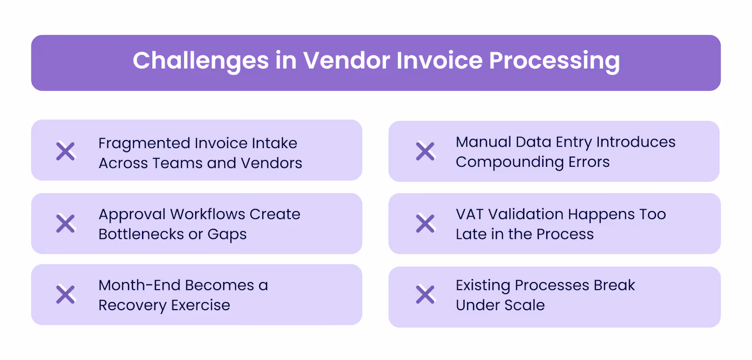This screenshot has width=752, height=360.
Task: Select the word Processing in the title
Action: (554, 61)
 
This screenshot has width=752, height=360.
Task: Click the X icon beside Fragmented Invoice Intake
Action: (65, 151)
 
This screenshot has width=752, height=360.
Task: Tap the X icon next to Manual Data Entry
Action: (425, 151)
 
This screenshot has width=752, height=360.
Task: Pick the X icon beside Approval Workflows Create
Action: (65, 224)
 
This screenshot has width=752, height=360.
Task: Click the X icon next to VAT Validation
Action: (425, 224)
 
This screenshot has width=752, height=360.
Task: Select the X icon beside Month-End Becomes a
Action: (65, 295)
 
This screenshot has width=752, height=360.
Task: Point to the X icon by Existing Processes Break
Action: (425, 295)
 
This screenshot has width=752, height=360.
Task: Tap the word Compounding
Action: (509, 163)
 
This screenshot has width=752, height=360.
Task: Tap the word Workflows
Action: (207, 214)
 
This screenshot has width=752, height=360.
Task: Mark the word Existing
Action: (483, 285)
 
